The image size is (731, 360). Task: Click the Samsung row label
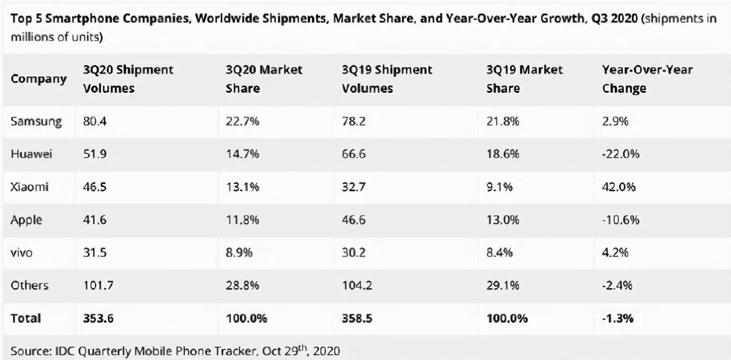pyautogui.click(x=36, y=121)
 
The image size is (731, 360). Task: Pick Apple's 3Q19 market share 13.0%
pyautogui.click(x=503, y=220)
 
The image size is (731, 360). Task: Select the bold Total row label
pyautogui.click(x=26, y=318)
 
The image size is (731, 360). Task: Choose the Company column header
pyautogui.click(x=39, y=79)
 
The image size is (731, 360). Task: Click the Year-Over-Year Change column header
pyautogui.click(x=647, y=79)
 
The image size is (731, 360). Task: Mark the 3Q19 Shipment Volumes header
pyautogui.click(x=387, y=79)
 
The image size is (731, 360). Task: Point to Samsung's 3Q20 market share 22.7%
pyautogui.click(x=242, y=121)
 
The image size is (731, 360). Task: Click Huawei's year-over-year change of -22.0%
pyautogui.click(x=621, y=154)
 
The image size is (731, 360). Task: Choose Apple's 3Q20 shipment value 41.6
pyautogui.click(x=95, y=220)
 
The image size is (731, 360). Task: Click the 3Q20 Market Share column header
pyautogui.click(x=264, y=79)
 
